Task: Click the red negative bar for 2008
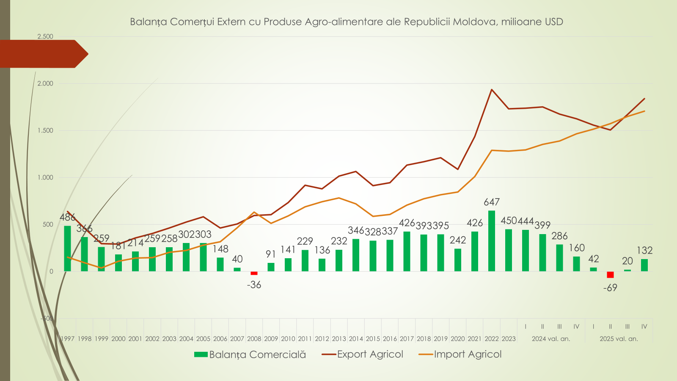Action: pos(254,273)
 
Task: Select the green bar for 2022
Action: pos(492,241)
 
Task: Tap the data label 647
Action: pos(492,202)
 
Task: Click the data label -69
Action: pos(610,288)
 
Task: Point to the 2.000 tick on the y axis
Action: pos(45,83)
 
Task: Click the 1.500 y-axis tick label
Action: pos(45,130)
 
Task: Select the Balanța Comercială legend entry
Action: pos(250,354)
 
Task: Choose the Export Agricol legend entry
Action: pos(363,354)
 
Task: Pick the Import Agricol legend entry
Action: pos(460,354)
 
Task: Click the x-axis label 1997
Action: pos(67,339)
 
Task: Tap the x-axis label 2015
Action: pos(373,339)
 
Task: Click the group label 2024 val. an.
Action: pos(551,339)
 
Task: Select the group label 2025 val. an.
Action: pos(619,339)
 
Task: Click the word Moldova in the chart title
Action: pos(475,22)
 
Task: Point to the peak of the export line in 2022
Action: pos(492,90)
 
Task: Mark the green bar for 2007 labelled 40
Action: pos(237,269)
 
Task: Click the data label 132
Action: pos(644,251)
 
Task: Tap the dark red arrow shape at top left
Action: pos(42,54)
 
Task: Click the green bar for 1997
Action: pos(67,248)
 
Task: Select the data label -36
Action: pos(254,285)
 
